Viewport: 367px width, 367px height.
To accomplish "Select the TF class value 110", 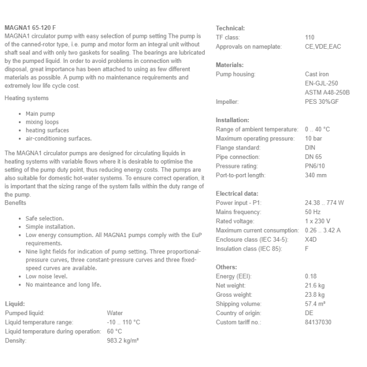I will [310, 38].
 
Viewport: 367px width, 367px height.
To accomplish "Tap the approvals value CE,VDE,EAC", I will [322, 47].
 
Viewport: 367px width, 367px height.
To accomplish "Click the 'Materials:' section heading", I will [230, 65].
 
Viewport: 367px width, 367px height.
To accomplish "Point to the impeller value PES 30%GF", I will [321, 102].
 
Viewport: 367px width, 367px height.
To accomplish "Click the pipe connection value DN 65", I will [314, 157].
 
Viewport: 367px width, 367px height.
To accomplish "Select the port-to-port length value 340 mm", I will [316, 175].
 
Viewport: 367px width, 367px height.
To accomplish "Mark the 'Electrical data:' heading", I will [237, 193].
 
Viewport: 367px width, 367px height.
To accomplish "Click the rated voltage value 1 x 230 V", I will [317, 221].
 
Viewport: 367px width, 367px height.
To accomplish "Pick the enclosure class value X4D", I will [311, 240].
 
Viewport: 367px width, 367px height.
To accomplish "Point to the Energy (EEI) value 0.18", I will [310, 276].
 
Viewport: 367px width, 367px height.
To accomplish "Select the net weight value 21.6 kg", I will [315, 285].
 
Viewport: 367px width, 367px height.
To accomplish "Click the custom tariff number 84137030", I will [318, 322].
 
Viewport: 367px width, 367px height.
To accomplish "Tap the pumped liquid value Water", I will [115, 313].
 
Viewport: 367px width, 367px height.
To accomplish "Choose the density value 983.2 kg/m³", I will [123, 340].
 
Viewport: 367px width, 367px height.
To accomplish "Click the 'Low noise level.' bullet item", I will [47, 276].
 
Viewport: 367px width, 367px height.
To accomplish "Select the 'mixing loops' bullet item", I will [42, 122].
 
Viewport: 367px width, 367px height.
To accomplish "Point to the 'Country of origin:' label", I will [238, 313].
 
